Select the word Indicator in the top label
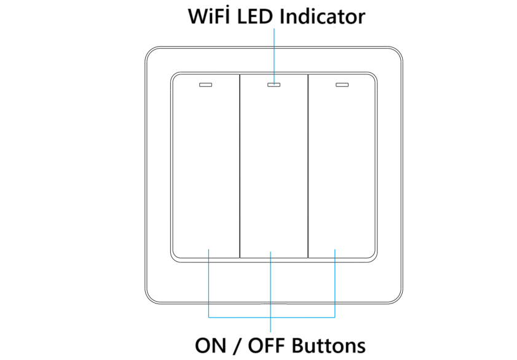[x=322, y=16]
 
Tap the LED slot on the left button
[x=205, y=85]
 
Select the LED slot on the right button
[x=341, y=85]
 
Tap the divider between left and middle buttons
[x=239, y=166]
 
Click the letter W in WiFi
[x=199, y=16]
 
